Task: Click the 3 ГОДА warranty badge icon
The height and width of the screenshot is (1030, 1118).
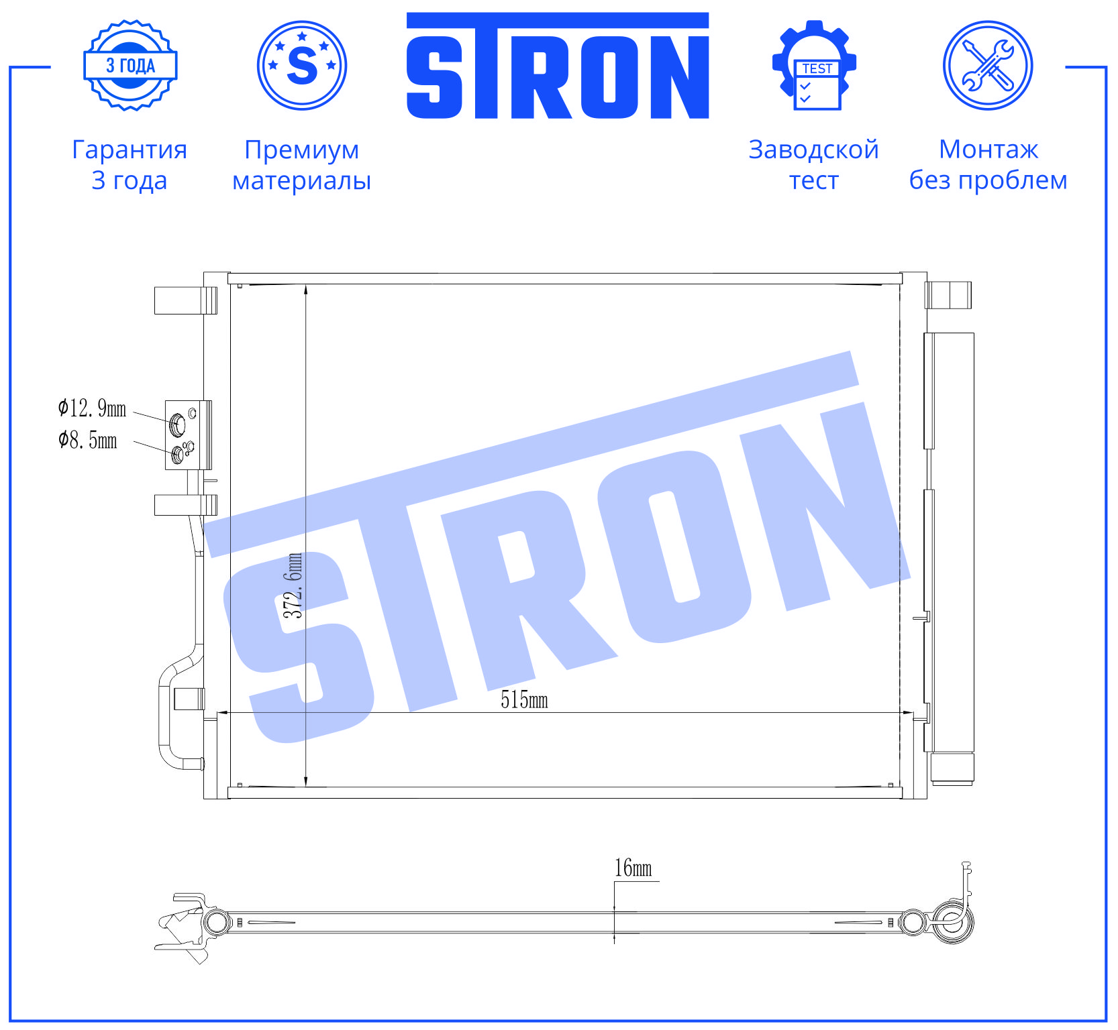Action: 130,65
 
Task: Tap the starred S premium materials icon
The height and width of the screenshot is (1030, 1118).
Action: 302,65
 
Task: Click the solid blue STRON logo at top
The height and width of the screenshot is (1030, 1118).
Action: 558,66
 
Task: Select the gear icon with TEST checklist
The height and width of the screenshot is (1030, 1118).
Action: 814,65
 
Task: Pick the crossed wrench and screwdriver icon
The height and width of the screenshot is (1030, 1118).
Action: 988,65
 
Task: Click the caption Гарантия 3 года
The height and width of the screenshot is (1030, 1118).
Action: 130,165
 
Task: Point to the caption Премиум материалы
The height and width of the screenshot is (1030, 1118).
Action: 302,165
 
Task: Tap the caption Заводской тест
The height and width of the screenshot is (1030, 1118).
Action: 814,165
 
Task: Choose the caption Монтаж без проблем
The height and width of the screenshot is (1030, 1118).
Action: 988,165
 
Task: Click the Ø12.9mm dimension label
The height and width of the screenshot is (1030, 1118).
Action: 92,408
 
